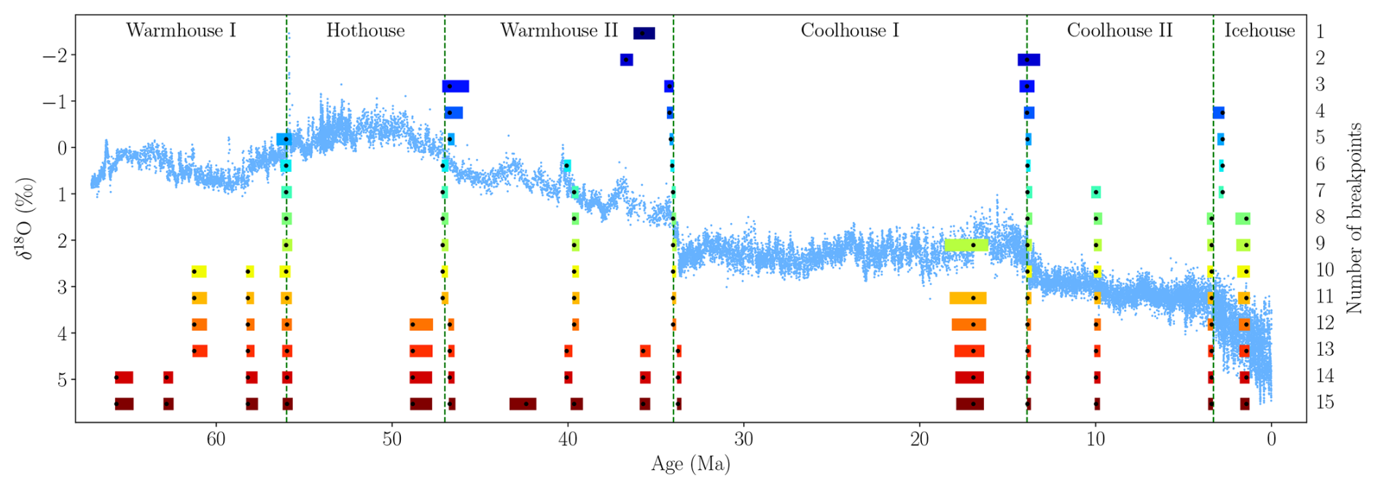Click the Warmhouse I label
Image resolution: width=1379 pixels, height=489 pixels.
pyautogui.click(x=181, y=31)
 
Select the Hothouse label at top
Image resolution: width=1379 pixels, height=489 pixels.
pyautogui.click(x=365, y=31)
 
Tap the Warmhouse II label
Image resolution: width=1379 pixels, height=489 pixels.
pyautogui.click(x=558, y=31)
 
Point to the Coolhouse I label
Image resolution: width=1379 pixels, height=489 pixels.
pyautogui.click(x=850, y=31)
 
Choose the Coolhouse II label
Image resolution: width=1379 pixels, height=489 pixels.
pyautogui.click(x=1120, y=31)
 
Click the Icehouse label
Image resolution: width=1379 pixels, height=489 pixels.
pyautogui.click(x=1259, y=31)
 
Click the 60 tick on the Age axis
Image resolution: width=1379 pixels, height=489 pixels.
pyautogui.click(x=216, y=440)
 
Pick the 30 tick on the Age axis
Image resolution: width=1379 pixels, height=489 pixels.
pyautogui.click(x=743, y=440)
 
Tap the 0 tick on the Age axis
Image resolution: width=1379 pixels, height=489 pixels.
pyautogui.click(x=1271, y=440)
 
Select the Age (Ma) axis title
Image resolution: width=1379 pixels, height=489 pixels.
pyautogui.click(x=690, y=464)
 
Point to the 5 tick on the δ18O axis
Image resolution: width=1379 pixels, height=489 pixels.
pyautogui.click(x=62, y=380)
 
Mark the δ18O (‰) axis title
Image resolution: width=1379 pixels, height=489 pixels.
pyautogui.click(x=27, y=217)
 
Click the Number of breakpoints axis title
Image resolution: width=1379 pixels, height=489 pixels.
pyautogui.click(x=1354, y=217)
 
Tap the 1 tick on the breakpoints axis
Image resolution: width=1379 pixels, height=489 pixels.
pyautogui.click(x=1320, y=32)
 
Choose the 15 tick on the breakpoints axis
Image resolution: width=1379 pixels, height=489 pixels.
pyautogui.click(x=1324, y=402)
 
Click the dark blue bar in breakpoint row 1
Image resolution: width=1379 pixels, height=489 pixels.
pyautogui.click(x=644, y=34)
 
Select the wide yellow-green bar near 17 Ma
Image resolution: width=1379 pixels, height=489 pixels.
pyautogui.click(x=966, y=245)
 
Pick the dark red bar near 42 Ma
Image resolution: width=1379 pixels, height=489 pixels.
pyautogui.click(x=523, y=404)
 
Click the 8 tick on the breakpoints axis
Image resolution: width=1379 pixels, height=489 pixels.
pyautogui.click(x=1320, y=217)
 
